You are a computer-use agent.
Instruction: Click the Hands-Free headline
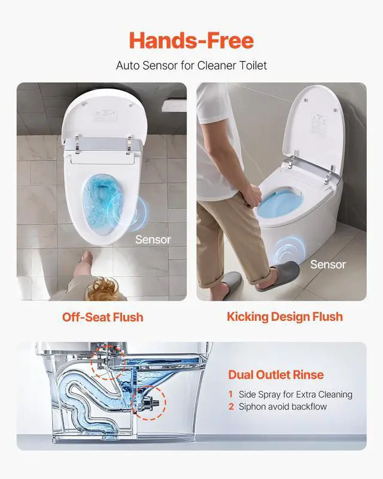coord(191,40)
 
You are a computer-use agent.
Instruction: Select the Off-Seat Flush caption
coord(102,317)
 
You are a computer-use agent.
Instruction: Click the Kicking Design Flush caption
coord(285,317)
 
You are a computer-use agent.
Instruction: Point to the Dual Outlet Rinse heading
coord(276,375)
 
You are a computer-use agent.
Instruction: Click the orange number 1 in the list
coord(230,394)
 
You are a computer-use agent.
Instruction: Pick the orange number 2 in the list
coord(231,407)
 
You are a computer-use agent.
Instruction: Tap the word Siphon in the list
coord(252,407)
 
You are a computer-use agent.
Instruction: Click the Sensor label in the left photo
coord(153,240)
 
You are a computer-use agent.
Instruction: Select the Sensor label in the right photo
coord(328,265)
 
